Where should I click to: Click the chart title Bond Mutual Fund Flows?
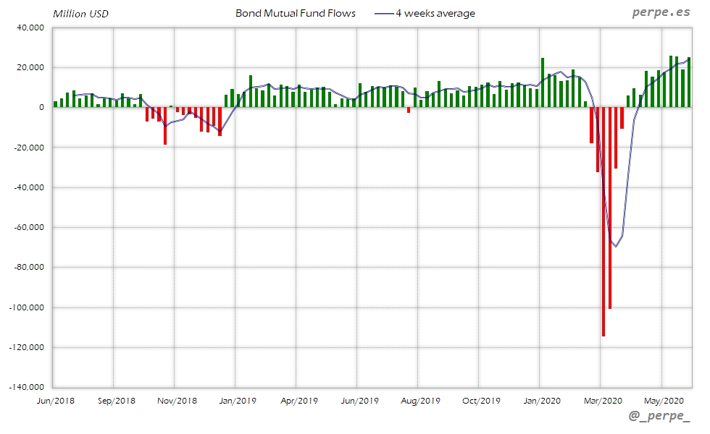click(x=295, y=13)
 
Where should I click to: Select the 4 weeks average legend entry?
click(x=435, y=13)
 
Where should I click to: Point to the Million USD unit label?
click(x=80, y=14)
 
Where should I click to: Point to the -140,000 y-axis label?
click(x=25, y=387)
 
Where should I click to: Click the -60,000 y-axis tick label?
click(x=27, y=227)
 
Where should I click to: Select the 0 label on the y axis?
click(x=41, y=107)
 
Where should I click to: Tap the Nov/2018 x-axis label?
click(x=176, y=399)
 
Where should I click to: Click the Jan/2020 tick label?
click(x=540, y=399)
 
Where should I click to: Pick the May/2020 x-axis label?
click(x=662, y=399)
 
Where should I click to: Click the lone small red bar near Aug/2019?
click(x=409, y=110)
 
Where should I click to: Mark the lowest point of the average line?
click(x=616, y=246)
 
